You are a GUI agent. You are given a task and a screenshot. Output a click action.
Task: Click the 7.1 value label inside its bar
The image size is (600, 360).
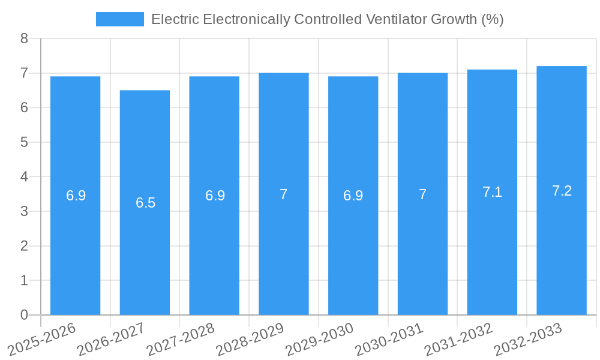coord(492,192)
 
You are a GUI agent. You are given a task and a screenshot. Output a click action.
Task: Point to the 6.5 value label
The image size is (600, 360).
coord(145,203)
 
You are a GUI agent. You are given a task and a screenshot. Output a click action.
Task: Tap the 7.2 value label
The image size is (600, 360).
coord(562,191)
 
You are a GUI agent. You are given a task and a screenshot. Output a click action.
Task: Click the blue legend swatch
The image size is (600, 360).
coord(120,19)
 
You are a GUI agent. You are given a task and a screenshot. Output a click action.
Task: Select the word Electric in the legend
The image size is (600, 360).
coord(175,19)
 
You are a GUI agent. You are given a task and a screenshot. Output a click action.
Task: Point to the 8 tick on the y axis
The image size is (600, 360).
coord(24,38)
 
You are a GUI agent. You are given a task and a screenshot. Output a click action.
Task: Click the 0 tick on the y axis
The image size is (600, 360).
coord(24,315)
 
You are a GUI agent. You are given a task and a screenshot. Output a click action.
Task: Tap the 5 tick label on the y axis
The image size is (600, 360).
coord(24,142)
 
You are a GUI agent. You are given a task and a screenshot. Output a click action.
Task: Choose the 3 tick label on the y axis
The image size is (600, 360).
coord(24,211)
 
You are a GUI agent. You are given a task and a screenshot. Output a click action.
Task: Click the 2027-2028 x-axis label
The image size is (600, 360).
coord(181,340)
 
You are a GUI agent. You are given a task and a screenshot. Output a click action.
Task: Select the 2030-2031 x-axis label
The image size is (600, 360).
coord(389,340)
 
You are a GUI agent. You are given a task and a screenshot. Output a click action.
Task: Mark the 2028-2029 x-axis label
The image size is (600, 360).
coord(250,340)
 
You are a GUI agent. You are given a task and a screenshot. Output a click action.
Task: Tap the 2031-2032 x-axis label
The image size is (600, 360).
coord(459,340)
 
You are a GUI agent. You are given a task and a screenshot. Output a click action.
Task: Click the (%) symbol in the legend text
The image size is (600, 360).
coord(492,19)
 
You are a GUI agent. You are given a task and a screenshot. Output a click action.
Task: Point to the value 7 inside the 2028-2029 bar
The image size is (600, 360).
coord(284,194)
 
